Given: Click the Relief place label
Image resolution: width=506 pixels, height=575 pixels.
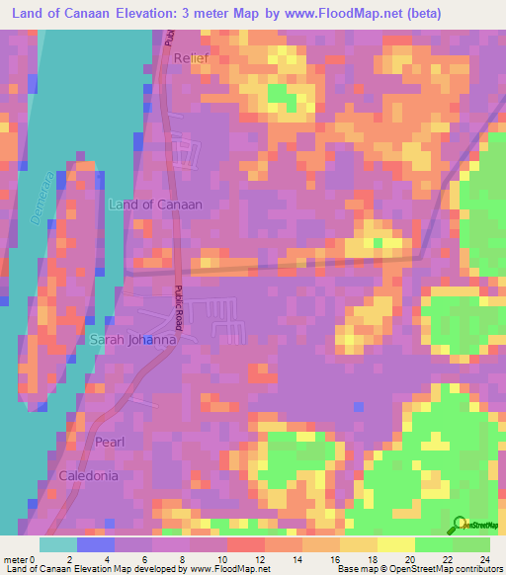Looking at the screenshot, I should click(192, 59).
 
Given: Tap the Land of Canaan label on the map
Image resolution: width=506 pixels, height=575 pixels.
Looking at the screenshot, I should click(154, 205).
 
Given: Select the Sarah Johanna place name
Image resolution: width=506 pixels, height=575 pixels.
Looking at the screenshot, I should click(132, 340).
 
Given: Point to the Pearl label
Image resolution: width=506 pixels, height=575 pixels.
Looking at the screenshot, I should click(110, 442).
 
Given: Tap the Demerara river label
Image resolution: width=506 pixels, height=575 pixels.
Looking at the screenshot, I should click(41, 202).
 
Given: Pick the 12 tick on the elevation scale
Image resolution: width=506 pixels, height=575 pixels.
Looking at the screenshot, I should click(263, 558).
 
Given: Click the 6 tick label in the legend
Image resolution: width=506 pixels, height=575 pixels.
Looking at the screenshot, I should click(152, 558).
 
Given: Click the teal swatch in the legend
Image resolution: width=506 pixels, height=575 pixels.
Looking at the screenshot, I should click(58, 544).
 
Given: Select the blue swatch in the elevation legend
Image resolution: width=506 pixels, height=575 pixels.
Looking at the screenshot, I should click(96, 544).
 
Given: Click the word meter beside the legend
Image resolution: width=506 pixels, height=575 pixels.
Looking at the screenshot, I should click(14, 558).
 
